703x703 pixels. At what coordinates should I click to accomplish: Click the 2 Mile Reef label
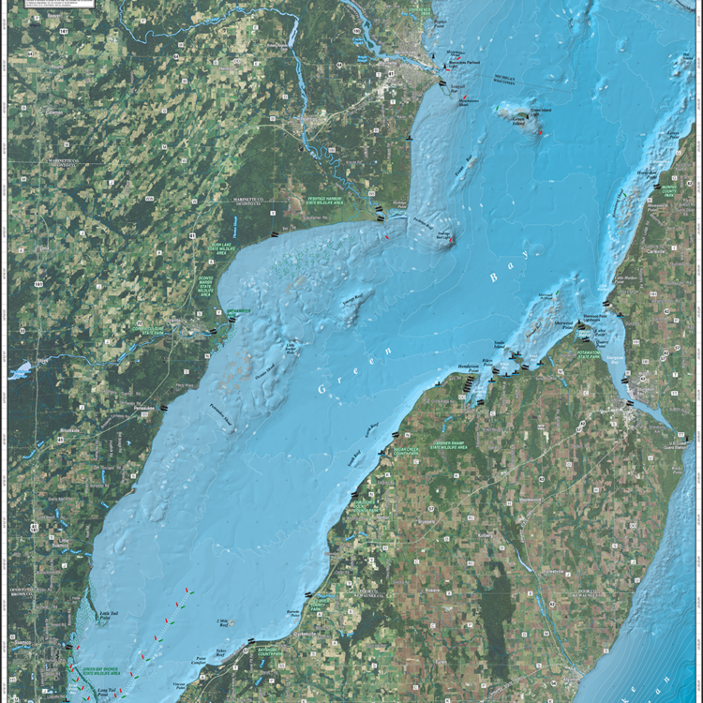(x=222, y=622)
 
